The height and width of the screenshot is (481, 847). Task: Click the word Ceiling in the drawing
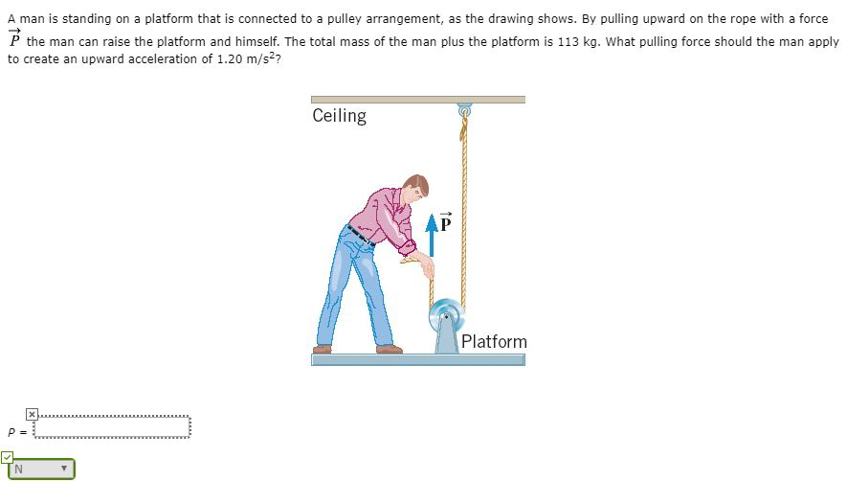coord(339,116)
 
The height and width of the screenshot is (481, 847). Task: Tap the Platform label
coord(494,341)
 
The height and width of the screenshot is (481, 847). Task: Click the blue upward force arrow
coord(431,239)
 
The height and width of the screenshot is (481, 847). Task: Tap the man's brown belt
coord(358,234)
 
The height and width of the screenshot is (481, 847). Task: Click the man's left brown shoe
coord(322,349)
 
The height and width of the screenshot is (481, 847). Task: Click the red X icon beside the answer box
coord(31,413)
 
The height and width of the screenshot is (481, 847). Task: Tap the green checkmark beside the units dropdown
coord(7,456)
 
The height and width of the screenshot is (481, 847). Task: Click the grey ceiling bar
coord(418,99)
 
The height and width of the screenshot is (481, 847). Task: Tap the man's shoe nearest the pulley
coord(390,349)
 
